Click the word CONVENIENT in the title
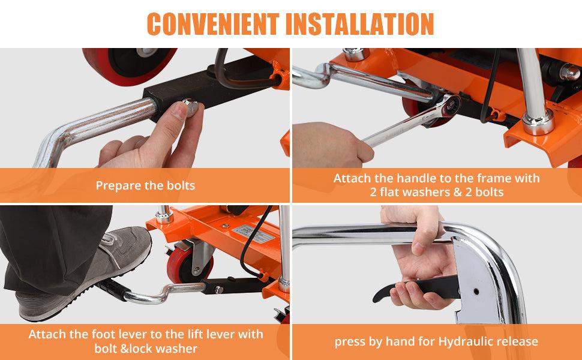click(213, 24)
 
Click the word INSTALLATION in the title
click(360, 24)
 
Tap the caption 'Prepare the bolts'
click(145, 185)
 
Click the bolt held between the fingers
click(191, 106)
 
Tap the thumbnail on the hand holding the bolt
click(179, 110)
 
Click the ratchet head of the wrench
click(450, 106)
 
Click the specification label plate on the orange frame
click(254, 233)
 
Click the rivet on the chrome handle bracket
click(476, 292)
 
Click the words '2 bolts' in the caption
click(485, 192)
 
